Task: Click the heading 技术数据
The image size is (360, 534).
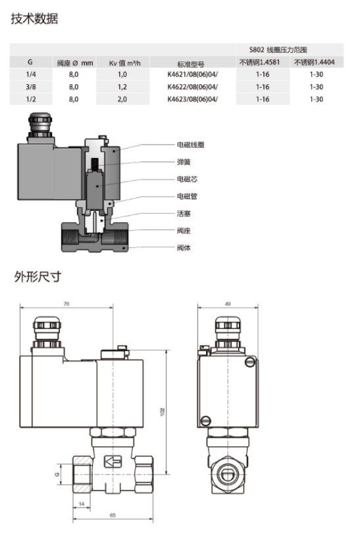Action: pos(34,18)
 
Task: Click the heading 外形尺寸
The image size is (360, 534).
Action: pos(38,276)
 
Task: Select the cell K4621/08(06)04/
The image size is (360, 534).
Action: pos(192,75)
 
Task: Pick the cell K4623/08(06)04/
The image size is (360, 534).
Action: pos(192,99)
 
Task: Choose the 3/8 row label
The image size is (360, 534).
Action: pos(30,87)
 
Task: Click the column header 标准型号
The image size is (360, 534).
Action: pos(192,63)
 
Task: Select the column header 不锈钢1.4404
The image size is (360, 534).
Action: pos(316,62)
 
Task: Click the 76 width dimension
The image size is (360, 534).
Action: pos(66,304)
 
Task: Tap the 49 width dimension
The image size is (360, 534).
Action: pos(227,304)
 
